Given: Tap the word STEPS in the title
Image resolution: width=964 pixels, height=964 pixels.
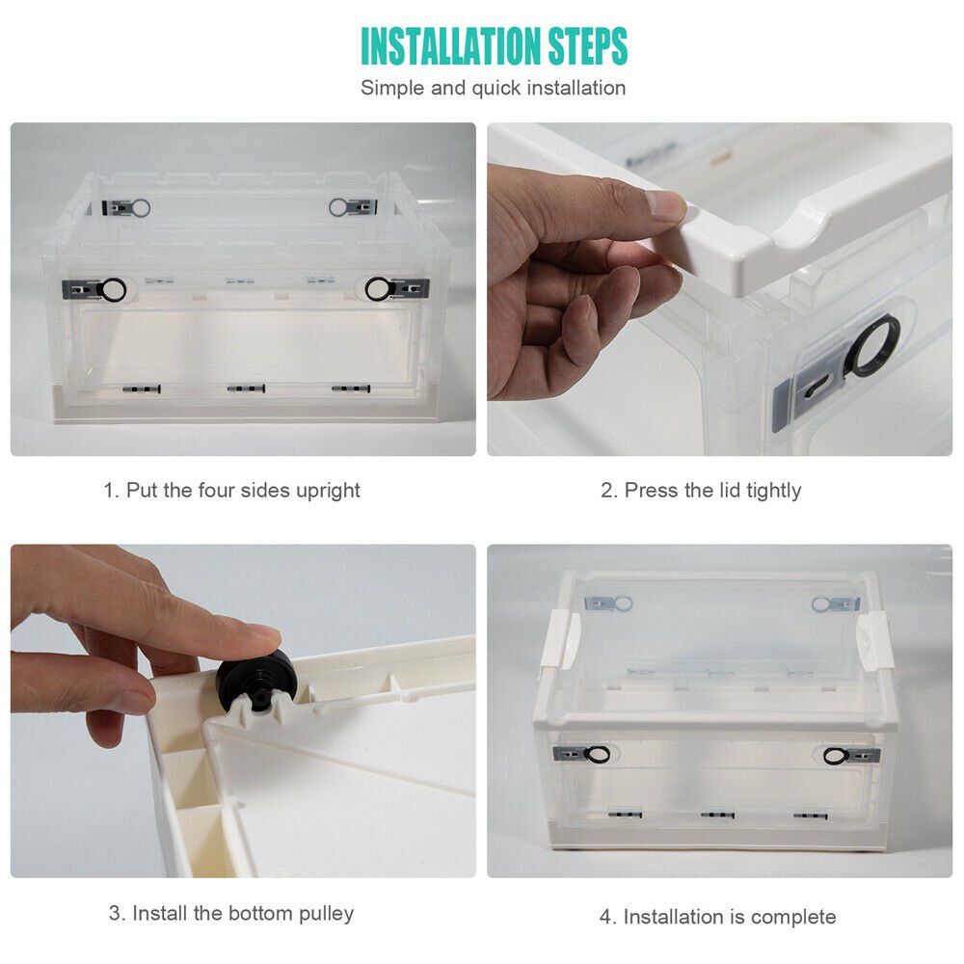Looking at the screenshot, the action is (588, 45).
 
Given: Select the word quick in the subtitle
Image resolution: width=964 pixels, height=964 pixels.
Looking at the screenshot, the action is (496, 89).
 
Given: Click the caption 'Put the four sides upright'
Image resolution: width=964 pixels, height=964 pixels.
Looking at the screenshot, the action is (243, 491).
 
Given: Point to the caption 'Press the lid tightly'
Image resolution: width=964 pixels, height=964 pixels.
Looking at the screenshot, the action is (712, 491).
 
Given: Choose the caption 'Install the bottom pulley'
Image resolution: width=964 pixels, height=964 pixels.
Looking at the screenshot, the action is (243, 914).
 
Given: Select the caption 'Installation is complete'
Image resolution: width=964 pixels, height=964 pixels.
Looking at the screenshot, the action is (730, 917).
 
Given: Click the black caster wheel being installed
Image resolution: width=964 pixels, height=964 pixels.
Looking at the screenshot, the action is (254, 677).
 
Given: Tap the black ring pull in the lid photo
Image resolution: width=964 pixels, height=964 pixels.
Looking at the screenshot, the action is (873, 346).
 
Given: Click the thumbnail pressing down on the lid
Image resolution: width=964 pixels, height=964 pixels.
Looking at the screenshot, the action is (665, 206).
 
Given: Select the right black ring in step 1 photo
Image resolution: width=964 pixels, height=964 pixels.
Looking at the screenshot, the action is (378, 289).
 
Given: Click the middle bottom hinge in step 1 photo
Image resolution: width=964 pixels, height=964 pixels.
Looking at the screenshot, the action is (246, 388).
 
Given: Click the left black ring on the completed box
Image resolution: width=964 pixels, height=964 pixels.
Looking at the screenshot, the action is (597, 755).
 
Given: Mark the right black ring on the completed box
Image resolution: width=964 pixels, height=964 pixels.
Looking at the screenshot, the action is (836, 756).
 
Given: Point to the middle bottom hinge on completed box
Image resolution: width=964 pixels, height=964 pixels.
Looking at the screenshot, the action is (717, 816).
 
